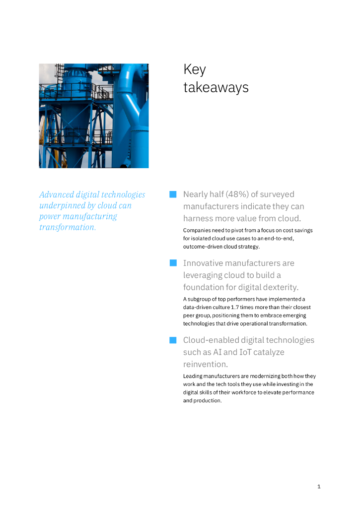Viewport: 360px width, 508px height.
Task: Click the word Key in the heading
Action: tap(194, 69)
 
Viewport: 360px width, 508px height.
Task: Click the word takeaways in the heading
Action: tap(216, 88)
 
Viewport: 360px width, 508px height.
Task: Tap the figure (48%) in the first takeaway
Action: tap(235, 194)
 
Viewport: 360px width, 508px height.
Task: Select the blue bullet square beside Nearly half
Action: tap(173, 194)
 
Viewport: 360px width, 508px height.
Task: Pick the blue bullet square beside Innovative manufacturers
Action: tap(173, 263)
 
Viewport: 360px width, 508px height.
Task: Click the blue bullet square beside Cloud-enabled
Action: tap(173, 340)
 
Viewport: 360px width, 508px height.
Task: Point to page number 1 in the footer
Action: tap(319, 487)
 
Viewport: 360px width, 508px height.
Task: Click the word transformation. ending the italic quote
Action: tap(68, 227)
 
